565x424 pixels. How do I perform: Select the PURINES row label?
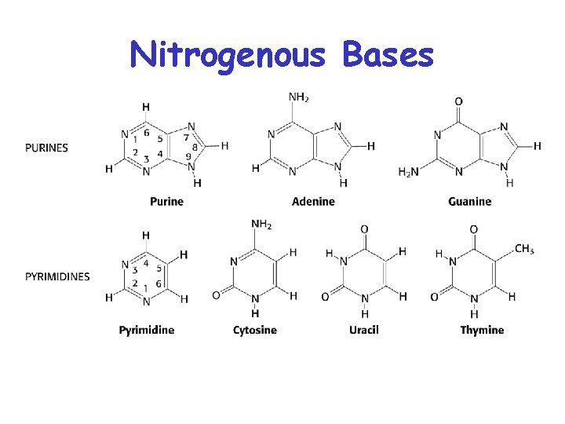[x=46, y=148]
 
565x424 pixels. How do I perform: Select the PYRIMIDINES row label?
[x=57, y=276]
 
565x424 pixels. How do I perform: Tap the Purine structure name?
[x=166, y=202]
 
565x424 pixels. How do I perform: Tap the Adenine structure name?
[x=313, y=202]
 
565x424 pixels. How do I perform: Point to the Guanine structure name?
[x=470, y=202]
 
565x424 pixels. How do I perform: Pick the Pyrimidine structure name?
[x=147, y=330]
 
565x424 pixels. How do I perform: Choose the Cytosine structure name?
[x=255, y=330]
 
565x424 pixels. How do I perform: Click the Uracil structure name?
[x=364, y=330]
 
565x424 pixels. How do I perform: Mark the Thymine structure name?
[x=482, y=330]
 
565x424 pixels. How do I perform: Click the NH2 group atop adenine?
[x=298, y=98]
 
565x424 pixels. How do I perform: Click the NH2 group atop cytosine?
[x=261, y=225]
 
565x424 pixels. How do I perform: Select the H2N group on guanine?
[x=409, y=173]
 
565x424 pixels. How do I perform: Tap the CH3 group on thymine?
[x=524, y=250]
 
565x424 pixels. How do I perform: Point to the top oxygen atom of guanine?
[x=459, y=101]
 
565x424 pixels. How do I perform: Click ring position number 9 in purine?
[x=188, y=157]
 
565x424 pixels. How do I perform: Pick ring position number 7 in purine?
[x=186, y=137]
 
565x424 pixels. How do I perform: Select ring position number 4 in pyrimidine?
[x=145, y=263]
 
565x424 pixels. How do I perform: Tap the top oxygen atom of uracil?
[x=364, y=228]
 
